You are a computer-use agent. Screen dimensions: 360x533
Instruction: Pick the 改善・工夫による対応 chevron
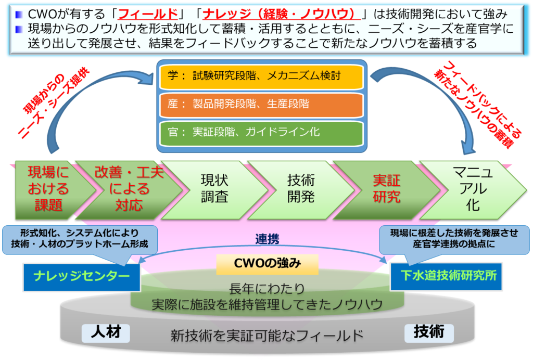click(129, 189)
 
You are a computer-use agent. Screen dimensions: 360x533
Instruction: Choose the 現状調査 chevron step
click(214, 189)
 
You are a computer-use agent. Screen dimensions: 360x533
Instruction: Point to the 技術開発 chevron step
click(301, 189)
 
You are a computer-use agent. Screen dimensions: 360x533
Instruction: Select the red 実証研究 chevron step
click(386, 189)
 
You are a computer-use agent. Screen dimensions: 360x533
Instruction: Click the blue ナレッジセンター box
click(82, 276)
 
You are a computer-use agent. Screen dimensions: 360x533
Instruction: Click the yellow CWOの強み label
click(267, 264)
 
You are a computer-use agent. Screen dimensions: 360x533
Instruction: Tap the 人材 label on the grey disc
click(106, 332)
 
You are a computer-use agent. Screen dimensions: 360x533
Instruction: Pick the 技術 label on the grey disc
click(429, 332)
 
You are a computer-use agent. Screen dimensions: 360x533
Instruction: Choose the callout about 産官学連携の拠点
click(454, 238)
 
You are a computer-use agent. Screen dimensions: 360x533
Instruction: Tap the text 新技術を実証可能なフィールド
click(267, 336)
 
